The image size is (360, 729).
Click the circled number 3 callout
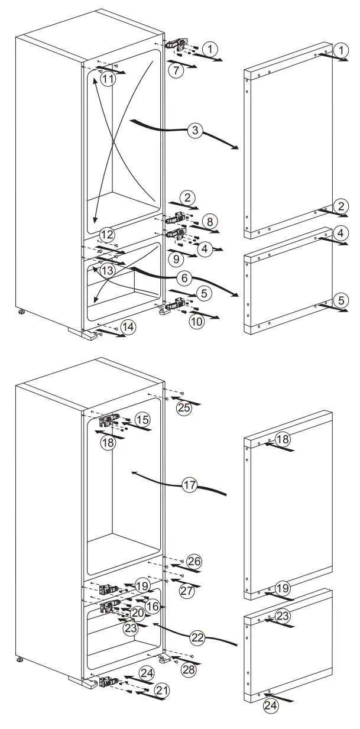(x=194, y=131)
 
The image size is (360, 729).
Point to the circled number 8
(x=208, y=222)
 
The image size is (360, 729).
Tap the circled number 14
(x=128, y=326)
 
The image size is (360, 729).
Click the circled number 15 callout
(x=142, y=419)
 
